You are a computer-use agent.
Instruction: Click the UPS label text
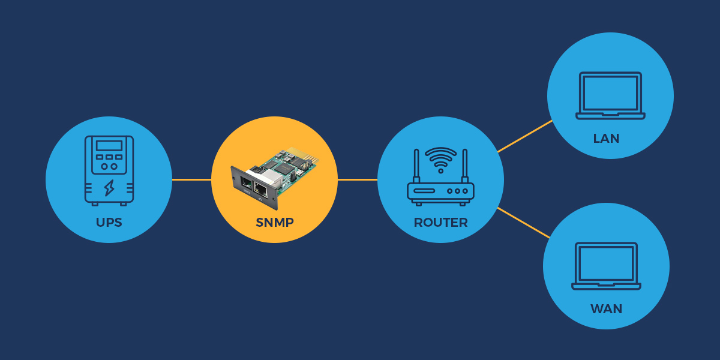109,223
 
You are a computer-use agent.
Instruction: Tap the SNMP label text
275,223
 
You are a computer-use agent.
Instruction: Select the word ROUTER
440,223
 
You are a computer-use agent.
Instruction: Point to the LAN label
606,139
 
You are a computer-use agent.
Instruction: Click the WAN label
606,309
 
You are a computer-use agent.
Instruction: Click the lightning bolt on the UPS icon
109,188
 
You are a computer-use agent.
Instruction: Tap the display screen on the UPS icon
109,146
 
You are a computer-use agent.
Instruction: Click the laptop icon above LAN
610,96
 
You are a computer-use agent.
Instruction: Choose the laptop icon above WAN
606,266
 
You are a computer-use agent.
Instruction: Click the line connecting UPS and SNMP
191,179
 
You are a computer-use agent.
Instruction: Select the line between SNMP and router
358,179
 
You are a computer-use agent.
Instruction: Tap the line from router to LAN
525,136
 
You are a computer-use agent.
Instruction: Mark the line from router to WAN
524,223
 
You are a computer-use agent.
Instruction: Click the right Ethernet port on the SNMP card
260,190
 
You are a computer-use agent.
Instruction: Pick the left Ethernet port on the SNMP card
247,184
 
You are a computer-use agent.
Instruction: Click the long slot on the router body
424,191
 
